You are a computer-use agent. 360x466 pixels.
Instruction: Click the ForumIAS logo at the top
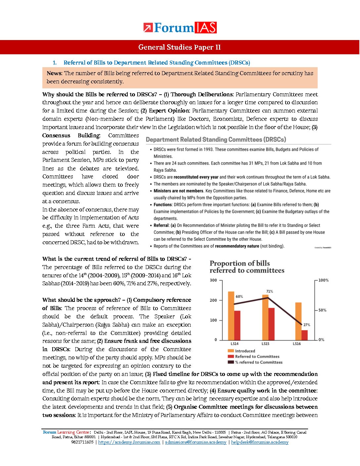pos(180,28)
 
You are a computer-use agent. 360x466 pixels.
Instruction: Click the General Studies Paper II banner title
pos(179,47)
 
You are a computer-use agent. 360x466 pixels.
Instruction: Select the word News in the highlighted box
pos(54,73)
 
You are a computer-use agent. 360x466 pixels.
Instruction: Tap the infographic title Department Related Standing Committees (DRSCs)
pos(216,140)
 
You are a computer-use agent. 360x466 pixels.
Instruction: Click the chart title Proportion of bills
pos(240,263)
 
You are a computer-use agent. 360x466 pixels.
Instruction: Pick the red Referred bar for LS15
pos(271,324)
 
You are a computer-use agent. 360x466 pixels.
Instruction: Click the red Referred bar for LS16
pos(304,335)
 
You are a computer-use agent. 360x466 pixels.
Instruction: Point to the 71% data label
pos(269,292)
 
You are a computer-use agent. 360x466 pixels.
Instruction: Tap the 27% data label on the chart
pos(307,325)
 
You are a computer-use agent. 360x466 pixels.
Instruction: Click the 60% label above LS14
pos(239,297)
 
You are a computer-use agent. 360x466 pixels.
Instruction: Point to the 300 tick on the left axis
pos(213,280)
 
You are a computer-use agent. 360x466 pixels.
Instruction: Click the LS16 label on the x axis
pos(296,344)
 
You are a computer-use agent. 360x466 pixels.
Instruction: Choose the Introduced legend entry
pos(245,351)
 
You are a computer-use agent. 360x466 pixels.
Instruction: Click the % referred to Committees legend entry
pos(258,362)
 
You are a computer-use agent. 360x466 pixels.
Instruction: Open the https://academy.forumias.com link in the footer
pos(129,442)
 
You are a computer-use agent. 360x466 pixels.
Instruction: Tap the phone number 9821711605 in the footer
pos(82,442)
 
